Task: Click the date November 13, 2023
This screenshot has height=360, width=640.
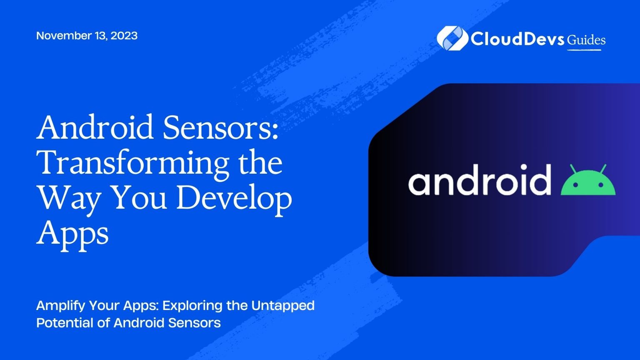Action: pyautogui.click(x=87, y=36)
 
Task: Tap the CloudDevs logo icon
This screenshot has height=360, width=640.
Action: pyautogui.click(x=452, y=38)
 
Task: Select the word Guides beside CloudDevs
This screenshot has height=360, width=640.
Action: pyautogui.click(x=586, y=40)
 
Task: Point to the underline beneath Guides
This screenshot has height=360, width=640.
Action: pyautogui.click(x=584, y=50)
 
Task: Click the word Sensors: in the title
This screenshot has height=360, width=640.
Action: pyautogui.click(x=220, y=127)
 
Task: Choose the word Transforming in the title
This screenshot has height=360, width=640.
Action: pyautogui.click(x=133, y=163)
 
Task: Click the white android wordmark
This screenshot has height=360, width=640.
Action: pyautogui.click(x=480, y=180)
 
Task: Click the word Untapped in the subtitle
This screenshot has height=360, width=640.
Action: pyautogui.click(x=288, y=306)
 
